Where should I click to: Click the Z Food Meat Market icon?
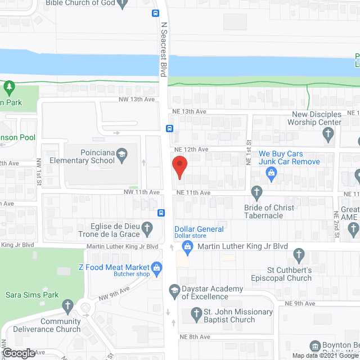[158, 267]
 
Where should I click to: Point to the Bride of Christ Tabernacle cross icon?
[256, 193]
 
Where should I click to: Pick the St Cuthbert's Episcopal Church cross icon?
[299, 256]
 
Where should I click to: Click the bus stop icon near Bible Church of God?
[155, 13]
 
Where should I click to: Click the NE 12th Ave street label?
[191, 149]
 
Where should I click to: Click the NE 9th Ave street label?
[300, 303]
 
